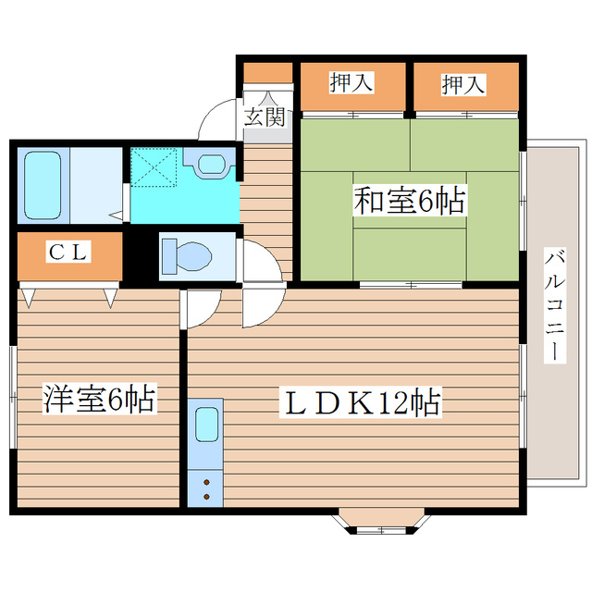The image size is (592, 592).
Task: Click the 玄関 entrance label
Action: (265, 117)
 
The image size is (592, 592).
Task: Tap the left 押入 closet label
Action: (351, 83)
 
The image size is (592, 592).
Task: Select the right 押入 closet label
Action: (462, 84)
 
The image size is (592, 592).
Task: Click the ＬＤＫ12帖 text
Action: (361, 402)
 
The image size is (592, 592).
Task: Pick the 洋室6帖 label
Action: (98, 401)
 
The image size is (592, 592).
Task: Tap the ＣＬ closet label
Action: (69, 253)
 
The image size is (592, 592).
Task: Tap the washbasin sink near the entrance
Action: (212, 163)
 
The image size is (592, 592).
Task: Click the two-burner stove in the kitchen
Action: (205, 485)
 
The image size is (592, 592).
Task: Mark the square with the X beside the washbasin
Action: (153, 166)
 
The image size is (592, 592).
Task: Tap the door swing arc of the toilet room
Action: (261, 260)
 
